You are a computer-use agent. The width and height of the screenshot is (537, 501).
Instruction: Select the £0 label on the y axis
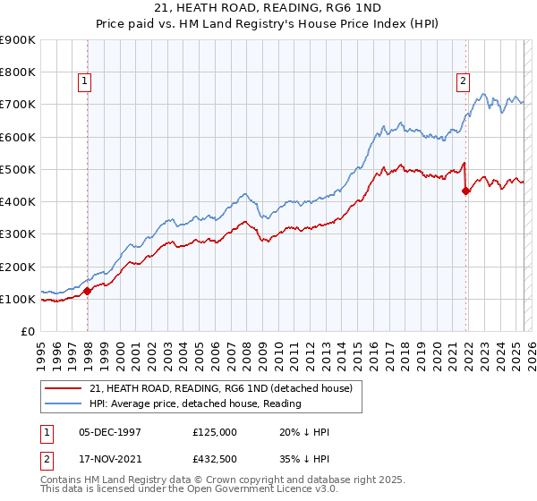[27, 332]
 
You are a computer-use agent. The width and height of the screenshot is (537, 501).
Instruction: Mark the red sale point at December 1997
[88, 291]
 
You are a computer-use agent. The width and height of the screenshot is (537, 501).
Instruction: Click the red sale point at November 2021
[465, 191]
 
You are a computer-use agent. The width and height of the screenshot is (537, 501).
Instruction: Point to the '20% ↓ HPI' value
[304, 432]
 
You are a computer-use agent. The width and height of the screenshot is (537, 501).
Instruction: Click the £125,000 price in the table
[214, 432]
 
